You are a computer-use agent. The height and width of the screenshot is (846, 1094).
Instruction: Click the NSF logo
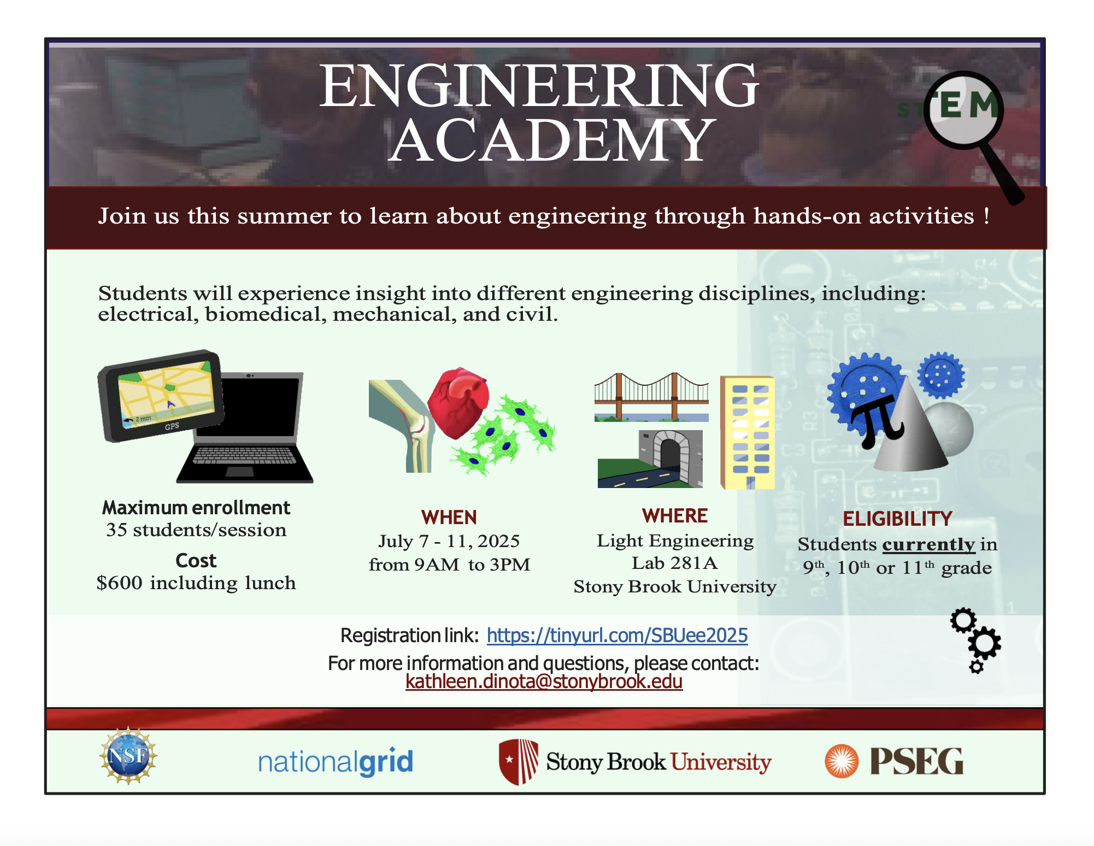click(128, 756)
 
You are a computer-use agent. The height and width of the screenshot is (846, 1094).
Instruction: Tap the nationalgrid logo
click(336, 762)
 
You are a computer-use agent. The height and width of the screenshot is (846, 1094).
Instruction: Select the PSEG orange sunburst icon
click(842, 761)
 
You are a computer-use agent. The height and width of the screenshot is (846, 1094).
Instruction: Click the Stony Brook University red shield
click(519, 761)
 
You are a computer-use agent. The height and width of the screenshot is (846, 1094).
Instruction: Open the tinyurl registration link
click(617, 635)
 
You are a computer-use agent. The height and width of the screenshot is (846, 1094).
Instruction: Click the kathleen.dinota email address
click(544, 681)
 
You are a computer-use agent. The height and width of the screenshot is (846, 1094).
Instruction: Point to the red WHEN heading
click(449, 517)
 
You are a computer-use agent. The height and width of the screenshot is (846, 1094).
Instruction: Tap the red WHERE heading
click(675, 515)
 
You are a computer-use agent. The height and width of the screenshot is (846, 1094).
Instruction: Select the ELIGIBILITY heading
click(897, 519)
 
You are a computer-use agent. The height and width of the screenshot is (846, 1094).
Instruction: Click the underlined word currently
click(928, 544)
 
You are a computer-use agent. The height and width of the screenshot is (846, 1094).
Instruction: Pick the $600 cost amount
click(119, 583)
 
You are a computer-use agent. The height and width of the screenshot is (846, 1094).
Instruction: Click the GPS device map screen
click(166, 393)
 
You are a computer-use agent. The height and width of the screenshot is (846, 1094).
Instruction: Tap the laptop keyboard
click(244, 455)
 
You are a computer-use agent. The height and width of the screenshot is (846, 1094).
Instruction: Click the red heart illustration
click(458, 402)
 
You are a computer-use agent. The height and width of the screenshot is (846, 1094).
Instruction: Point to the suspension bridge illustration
click(651, 397)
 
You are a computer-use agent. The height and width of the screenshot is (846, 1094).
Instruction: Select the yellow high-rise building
click(747, 432)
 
